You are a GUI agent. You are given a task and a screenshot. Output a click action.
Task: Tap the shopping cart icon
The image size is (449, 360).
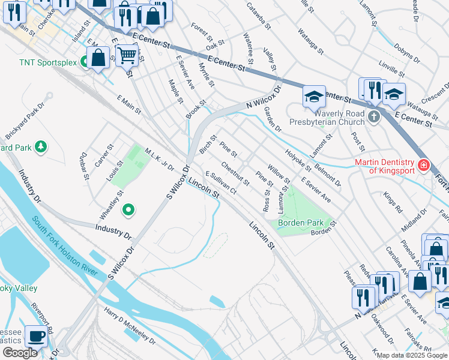pos(127,56)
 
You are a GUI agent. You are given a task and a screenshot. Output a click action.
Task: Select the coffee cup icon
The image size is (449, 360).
pos(35,337)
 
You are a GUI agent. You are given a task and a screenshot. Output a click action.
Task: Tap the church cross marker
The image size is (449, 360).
pos(374,116)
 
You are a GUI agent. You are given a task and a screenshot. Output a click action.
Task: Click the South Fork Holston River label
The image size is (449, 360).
pos(65,247)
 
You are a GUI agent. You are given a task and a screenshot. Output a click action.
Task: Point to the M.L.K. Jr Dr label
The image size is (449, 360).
pos(158,159)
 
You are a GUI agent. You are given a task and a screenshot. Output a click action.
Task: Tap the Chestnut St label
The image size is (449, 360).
pos(235,173)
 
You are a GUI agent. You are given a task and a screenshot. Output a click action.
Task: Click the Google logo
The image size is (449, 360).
pos(20,353)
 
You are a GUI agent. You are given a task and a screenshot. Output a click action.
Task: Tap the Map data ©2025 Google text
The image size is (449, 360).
pos(411,355)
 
